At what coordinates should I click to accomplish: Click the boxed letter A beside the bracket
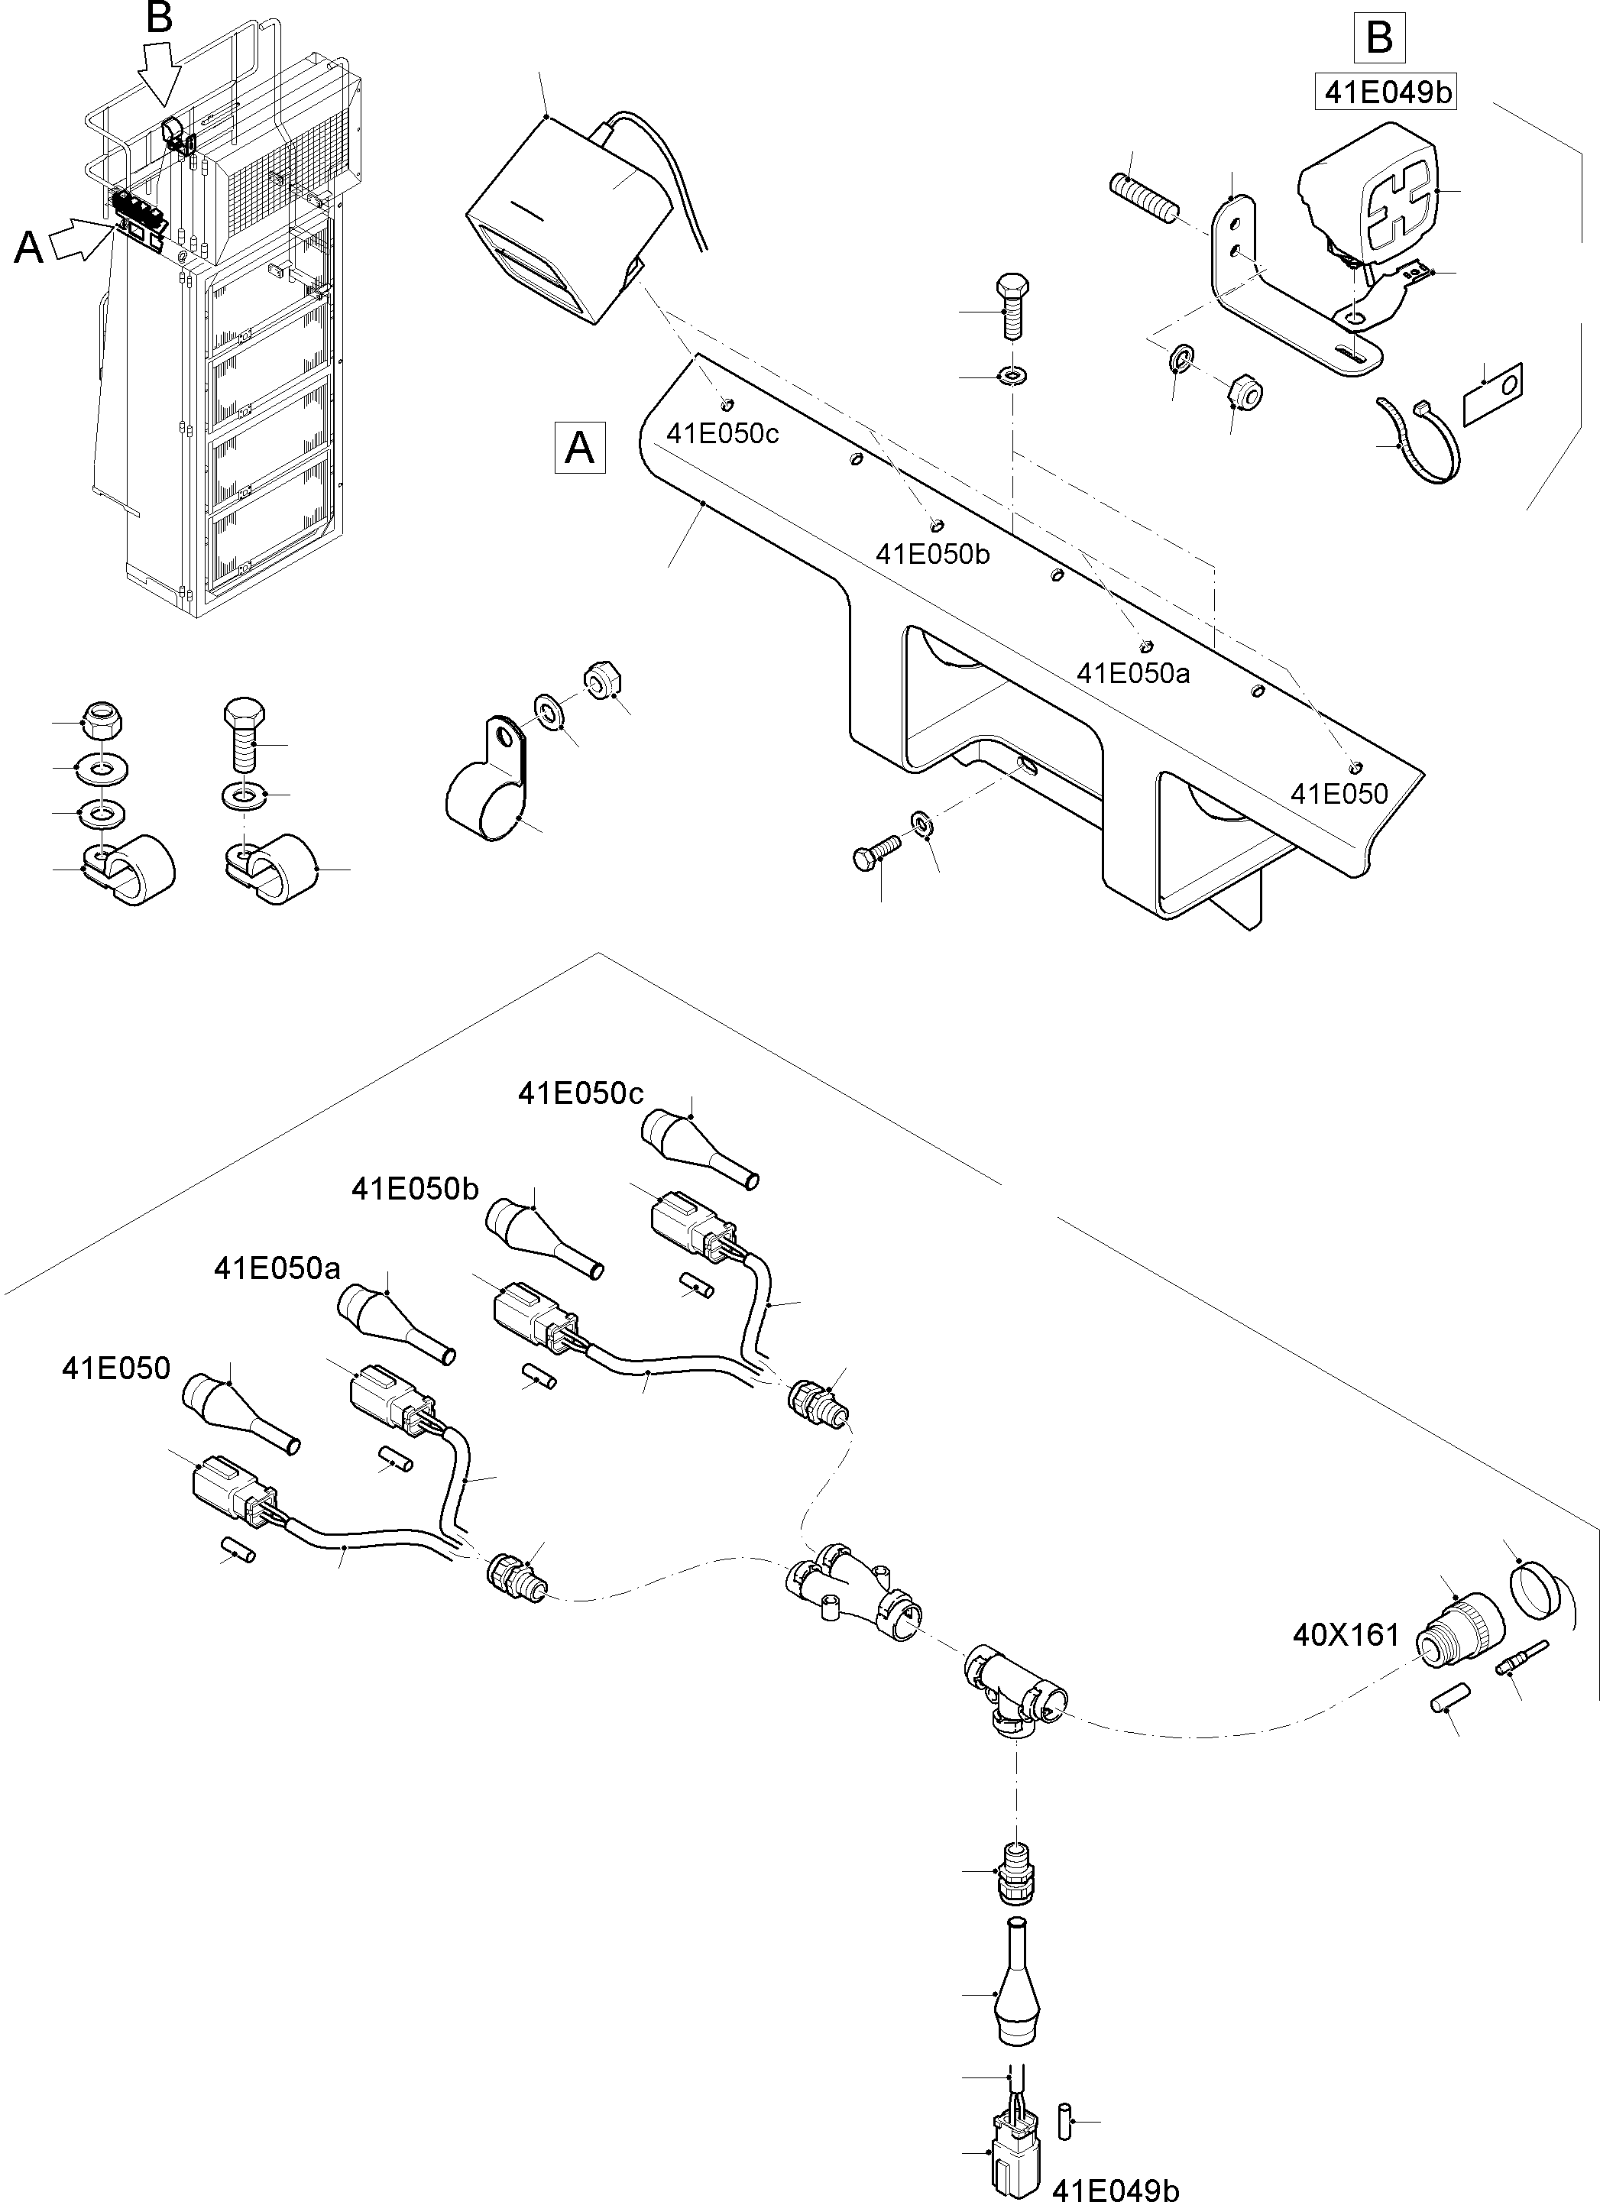coord(580,448)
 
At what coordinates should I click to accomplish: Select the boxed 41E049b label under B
coord(1385,92)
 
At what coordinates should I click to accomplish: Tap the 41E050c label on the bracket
coord(721,433)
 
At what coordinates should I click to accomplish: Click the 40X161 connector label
coord(1346,1635)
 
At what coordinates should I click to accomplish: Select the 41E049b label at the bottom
coord(1116,2188)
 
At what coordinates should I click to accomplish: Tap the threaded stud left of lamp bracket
coord(1145,198)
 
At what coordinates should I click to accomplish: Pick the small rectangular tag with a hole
coord(1492,391)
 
